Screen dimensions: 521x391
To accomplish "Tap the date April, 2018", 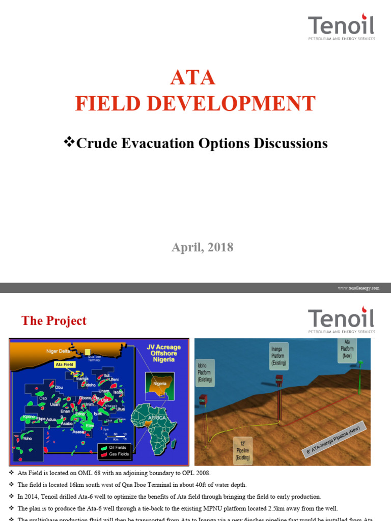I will [x=202, y=247].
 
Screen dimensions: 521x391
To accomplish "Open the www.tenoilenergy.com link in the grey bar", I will [x=358, y=288].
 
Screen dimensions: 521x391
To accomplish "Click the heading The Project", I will [x=54, y=321].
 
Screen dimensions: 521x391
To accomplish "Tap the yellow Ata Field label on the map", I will [x=65, y=364].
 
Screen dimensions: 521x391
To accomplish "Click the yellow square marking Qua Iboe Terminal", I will [x=88, y=352].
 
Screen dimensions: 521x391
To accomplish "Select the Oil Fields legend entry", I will [x=117, y=447].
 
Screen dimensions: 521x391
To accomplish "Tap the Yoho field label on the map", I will [x=27, y=437].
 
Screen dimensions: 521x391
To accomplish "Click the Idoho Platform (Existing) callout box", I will [x=205, y=372].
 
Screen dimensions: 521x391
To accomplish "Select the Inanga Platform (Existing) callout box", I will [x=278, y=356].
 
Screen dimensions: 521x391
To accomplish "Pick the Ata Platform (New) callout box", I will [x=348, y=349].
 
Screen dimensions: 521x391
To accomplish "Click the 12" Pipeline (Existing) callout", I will [x=241, y=450].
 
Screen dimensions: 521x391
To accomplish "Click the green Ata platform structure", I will [x=359, y=377].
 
